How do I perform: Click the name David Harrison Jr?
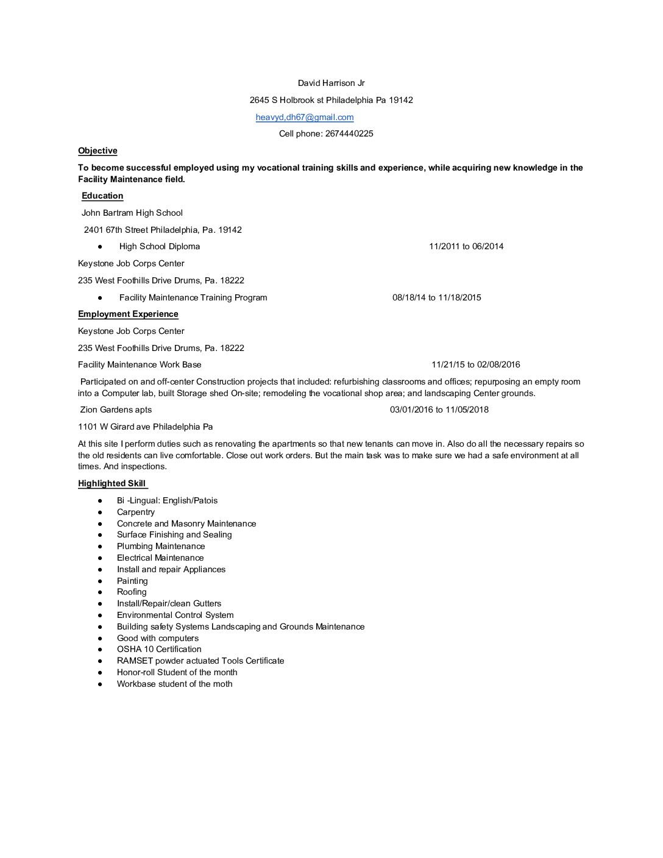(331, 83)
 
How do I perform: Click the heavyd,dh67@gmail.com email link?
(305, 117)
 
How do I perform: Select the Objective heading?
(97, 151)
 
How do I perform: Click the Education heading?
(102, 196)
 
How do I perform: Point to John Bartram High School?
(132, 213)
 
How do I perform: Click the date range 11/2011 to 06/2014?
(466, 246)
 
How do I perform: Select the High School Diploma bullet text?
(160, 246)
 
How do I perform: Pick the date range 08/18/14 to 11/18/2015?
(436, 297)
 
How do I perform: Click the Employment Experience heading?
(128, 314)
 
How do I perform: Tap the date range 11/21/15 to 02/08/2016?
(476, 364)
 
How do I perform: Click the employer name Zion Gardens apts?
(116, 409)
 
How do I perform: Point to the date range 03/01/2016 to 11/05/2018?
(439, 409)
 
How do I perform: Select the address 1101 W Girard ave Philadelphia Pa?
(146, 427)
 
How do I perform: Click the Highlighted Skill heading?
(112, 483)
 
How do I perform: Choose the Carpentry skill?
(136, 512)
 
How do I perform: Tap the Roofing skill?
(132, 592)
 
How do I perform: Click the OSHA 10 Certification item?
(159, 649)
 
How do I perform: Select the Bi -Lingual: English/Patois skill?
(167, 500)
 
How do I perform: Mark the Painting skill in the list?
(132, 581)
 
